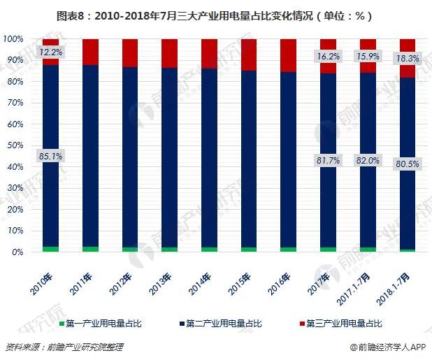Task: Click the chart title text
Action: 216,15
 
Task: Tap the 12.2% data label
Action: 50,52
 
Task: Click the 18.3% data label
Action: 408,59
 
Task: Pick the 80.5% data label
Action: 408,164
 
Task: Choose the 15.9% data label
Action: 368,56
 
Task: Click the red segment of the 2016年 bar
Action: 288,55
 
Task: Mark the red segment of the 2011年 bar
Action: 91,52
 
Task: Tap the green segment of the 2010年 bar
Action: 50,249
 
